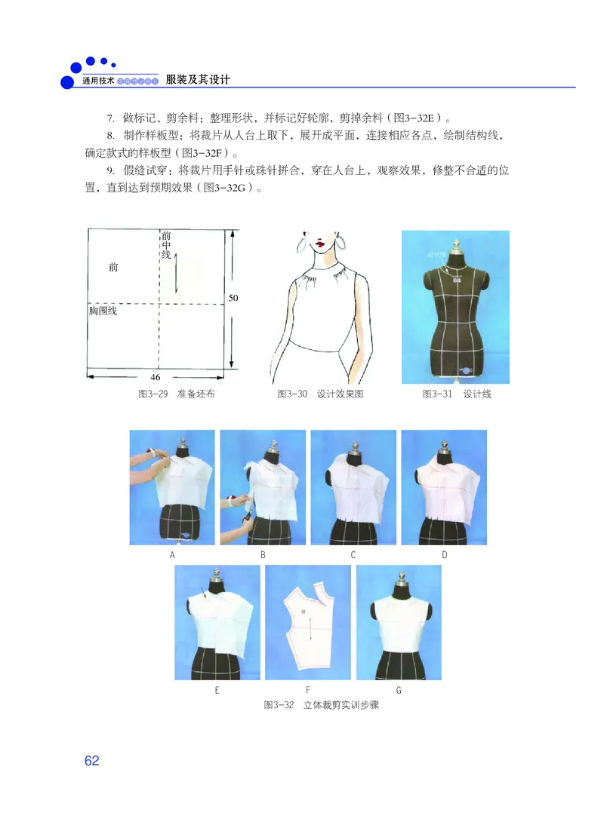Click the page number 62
tap(91, 760)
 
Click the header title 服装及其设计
tap(197, 79)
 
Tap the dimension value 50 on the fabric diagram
tap(233, 298)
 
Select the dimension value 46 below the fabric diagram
tap(156, 376)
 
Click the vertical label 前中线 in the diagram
tap(166, 246)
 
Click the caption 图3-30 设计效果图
tap(320, 394)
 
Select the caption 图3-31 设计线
tap(456, 394)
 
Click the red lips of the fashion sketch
tap(321, 244)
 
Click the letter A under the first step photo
tap(172, 555)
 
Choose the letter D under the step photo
tap(444, 555)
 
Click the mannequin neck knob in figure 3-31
tap(455, 245)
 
